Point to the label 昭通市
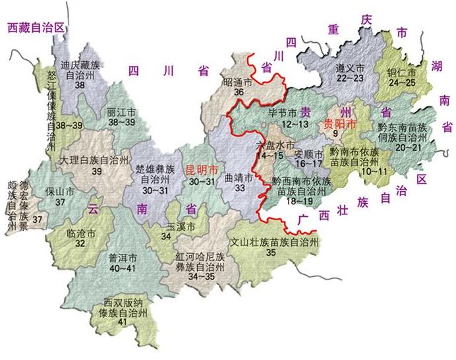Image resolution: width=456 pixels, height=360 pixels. pos(239,83)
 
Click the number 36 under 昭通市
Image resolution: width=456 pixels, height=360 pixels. pos(239,93)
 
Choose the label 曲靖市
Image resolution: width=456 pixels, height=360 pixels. pos(239,177)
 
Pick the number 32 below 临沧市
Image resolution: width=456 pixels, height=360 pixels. pos(80,244)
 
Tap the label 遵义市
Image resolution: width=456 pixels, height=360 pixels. pos(349,67)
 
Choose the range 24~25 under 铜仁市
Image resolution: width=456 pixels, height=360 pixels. pos(402,82)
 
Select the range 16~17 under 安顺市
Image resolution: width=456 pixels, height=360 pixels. pos(308,163)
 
